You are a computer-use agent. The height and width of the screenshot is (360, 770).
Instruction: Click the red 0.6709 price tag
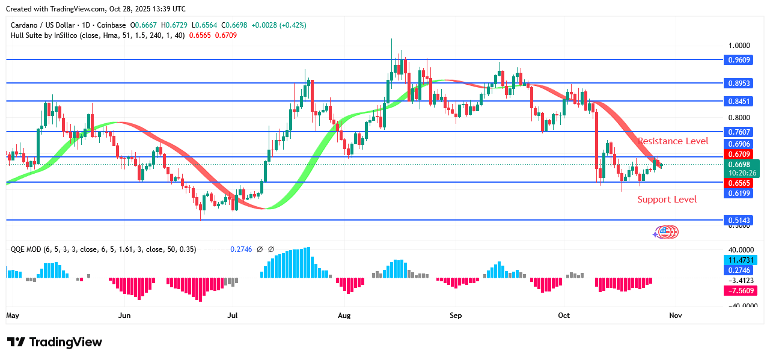tap(739, 154)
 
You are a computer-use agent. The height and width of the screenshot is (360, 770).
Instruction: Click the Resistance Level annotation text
tap(673, 141)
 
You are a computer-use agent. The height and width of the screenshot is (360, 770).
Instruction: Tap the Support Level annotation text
tap(667, 200)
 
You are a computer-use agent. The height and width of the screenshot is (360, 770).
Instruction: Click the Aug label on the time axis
tap(344, 315)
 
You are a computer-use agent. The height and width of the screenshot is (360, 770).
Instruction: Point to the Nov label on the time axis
tap(675, 315)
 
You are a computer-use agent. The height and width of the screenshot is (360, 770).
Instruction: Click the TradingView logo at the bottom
tap(55, 342)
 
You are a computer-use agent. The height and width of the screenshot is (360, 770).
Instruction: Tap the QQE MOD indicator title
tap(26, 249)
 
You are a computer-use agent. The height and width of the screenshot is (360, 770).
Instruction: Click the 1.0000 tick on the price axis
tap(738, 46)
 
